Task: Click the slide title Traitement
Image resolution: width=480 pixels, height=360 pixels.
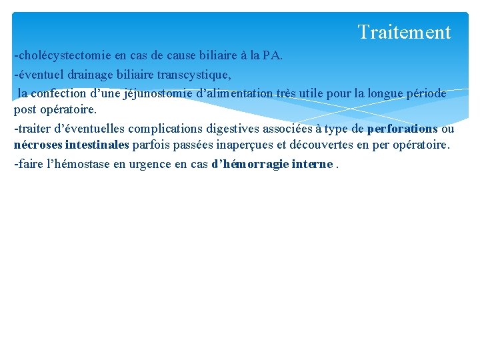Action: point(404,32)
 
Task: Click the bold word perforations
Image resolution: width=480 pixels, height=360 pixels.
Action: point(402,128)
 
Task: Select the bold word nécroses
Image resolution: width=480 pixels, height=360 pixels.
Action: point(38,145)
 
